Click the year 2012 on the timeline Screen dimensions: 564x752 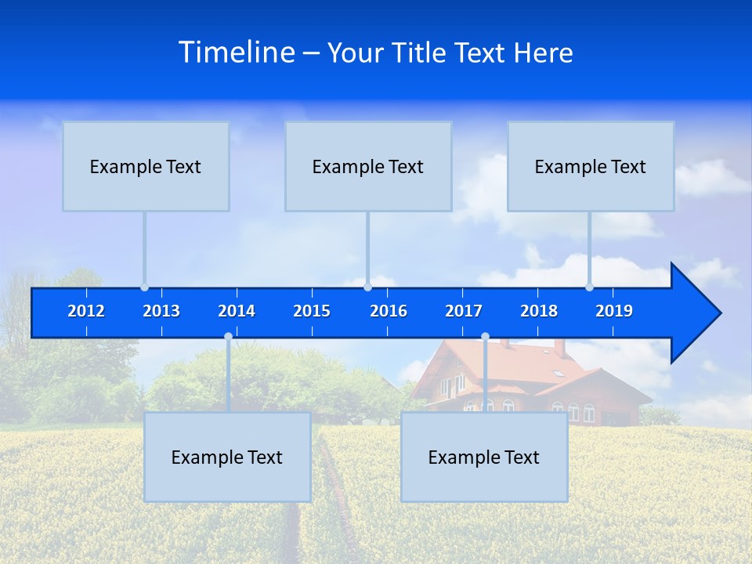(86, 311)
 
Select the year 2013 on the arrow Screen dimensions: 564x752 (161, 311)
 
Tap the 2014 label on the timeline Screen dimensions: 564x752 (237, 311)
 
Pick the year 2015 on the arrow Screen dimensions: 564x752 (312, 311)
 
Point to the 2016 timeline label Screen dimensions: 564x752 (389, 311)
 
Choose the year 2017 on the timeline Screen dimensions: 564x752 (464, 311)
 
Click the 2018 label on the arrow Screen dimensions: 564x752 (539, 311)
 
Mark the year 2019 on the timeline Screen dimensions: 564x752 (614, 311)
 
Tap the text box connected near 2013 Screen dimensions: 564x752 (146, 167)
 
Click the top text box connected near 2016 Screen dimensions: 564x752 (368, 167)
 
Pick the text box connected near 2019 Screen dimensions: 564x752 (591, 167)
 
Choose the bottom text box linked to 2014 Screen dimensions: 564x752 (227, 457)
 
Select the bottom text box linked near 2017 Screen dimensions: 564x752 (484, 457)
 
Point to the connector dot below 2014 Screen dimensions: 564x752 (228, 337)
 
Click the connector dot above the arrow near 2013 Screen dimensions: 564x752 (144, 287)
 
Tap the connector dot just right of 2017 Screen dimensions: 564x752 (485, 337)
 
